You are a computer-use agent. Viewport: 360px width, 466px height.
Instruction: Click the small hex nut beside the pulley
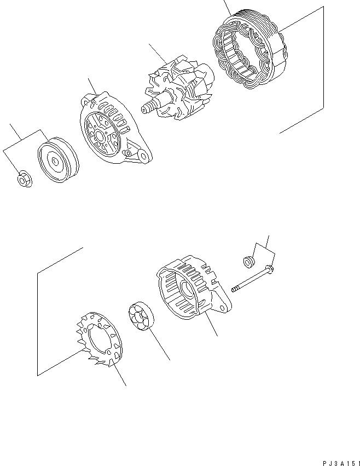24,179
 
